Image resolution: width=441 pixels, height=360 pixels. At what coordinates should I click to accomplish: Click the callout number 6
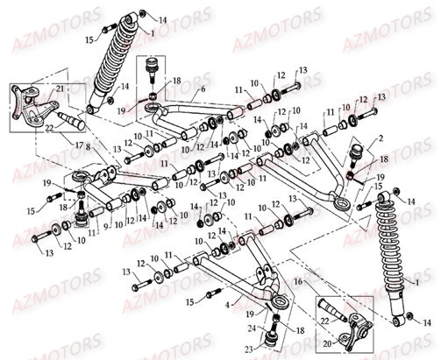(x=203, y=88)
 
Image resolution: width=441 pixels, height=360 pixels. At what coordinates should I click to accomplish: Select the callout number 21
(x=60, y=90)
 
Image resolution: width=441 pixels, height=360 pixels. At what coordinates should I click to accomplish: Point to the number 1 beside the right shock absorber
(x=428, y=285)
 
